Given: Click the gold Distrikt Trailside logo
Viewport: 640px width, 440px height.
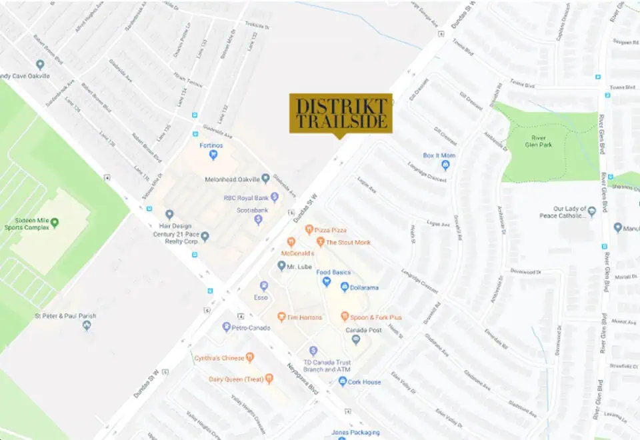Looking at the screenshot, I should point(340,113).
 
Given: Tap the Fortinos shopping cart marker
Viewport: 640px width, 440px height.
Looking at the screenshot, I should point(213,155).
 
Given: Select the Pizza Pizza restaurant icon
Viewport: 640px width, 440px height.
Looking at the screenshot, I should point(309,229).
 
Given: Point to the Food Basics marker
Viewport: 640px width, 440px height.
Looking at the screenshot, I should point(327,281).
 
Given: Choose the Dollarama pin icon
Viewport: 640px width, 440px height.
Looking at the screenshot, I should point(345,287).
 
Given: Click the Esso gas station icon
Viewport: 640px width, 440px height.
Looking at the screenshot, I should point(264,285).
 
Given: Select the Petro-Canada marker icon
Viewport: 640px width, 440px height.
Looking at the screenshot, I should point(227,327).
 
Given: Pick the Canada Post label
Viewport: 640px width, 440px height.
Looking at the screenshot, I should point(362,330).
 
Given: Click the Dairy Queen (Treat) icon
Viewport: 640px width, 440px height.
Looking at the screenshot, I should point(269,379).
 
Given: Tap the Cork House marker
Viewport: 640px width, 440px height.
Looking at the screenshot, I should point(343,381).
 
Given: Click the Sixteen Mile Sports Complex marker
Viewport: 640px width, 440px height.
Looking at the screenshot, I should point(55,222).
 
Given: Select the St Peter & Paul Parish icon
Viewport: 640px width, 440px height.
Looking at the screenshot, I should point(87,325).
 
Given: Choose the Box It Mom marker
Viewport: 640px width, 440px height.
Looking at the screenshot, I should point(446,165).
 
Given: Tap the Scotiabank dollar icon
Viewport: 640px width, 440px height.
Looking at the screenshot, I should point(259,219).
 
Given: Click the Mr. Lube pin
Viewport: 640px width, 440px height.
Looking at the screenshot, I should point(282,265).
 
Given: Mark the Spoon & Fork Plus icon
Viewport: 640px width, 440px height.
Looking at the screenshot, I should point(345,317).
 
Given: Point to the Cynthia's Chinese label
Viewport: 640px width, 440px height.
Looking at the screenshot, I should point(219,358).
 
